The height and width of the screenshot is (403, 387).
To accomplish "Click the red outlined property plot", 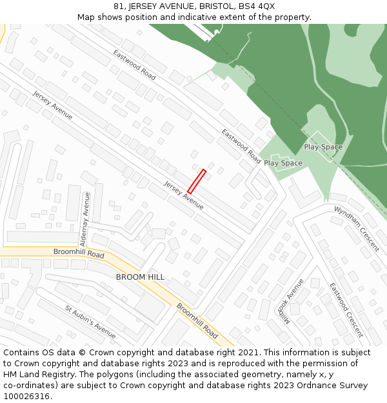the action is (197, 181).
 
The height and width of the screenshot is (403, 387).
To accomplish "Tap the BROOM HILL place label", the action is (140, 277).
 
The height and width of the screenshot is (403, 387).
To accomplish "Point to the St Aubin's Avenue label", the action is (90, 321).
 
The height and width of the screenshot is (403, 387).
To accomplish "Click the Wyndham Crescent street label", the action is (357, 229).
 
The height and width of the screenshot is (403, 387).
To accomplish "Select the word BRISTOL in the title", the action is (212, 6).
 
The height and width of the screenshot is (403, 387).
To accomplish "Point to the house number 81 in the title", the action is (117, 6).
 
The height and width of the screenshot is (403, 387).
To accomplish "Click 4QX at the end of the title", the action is (266, 6).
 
